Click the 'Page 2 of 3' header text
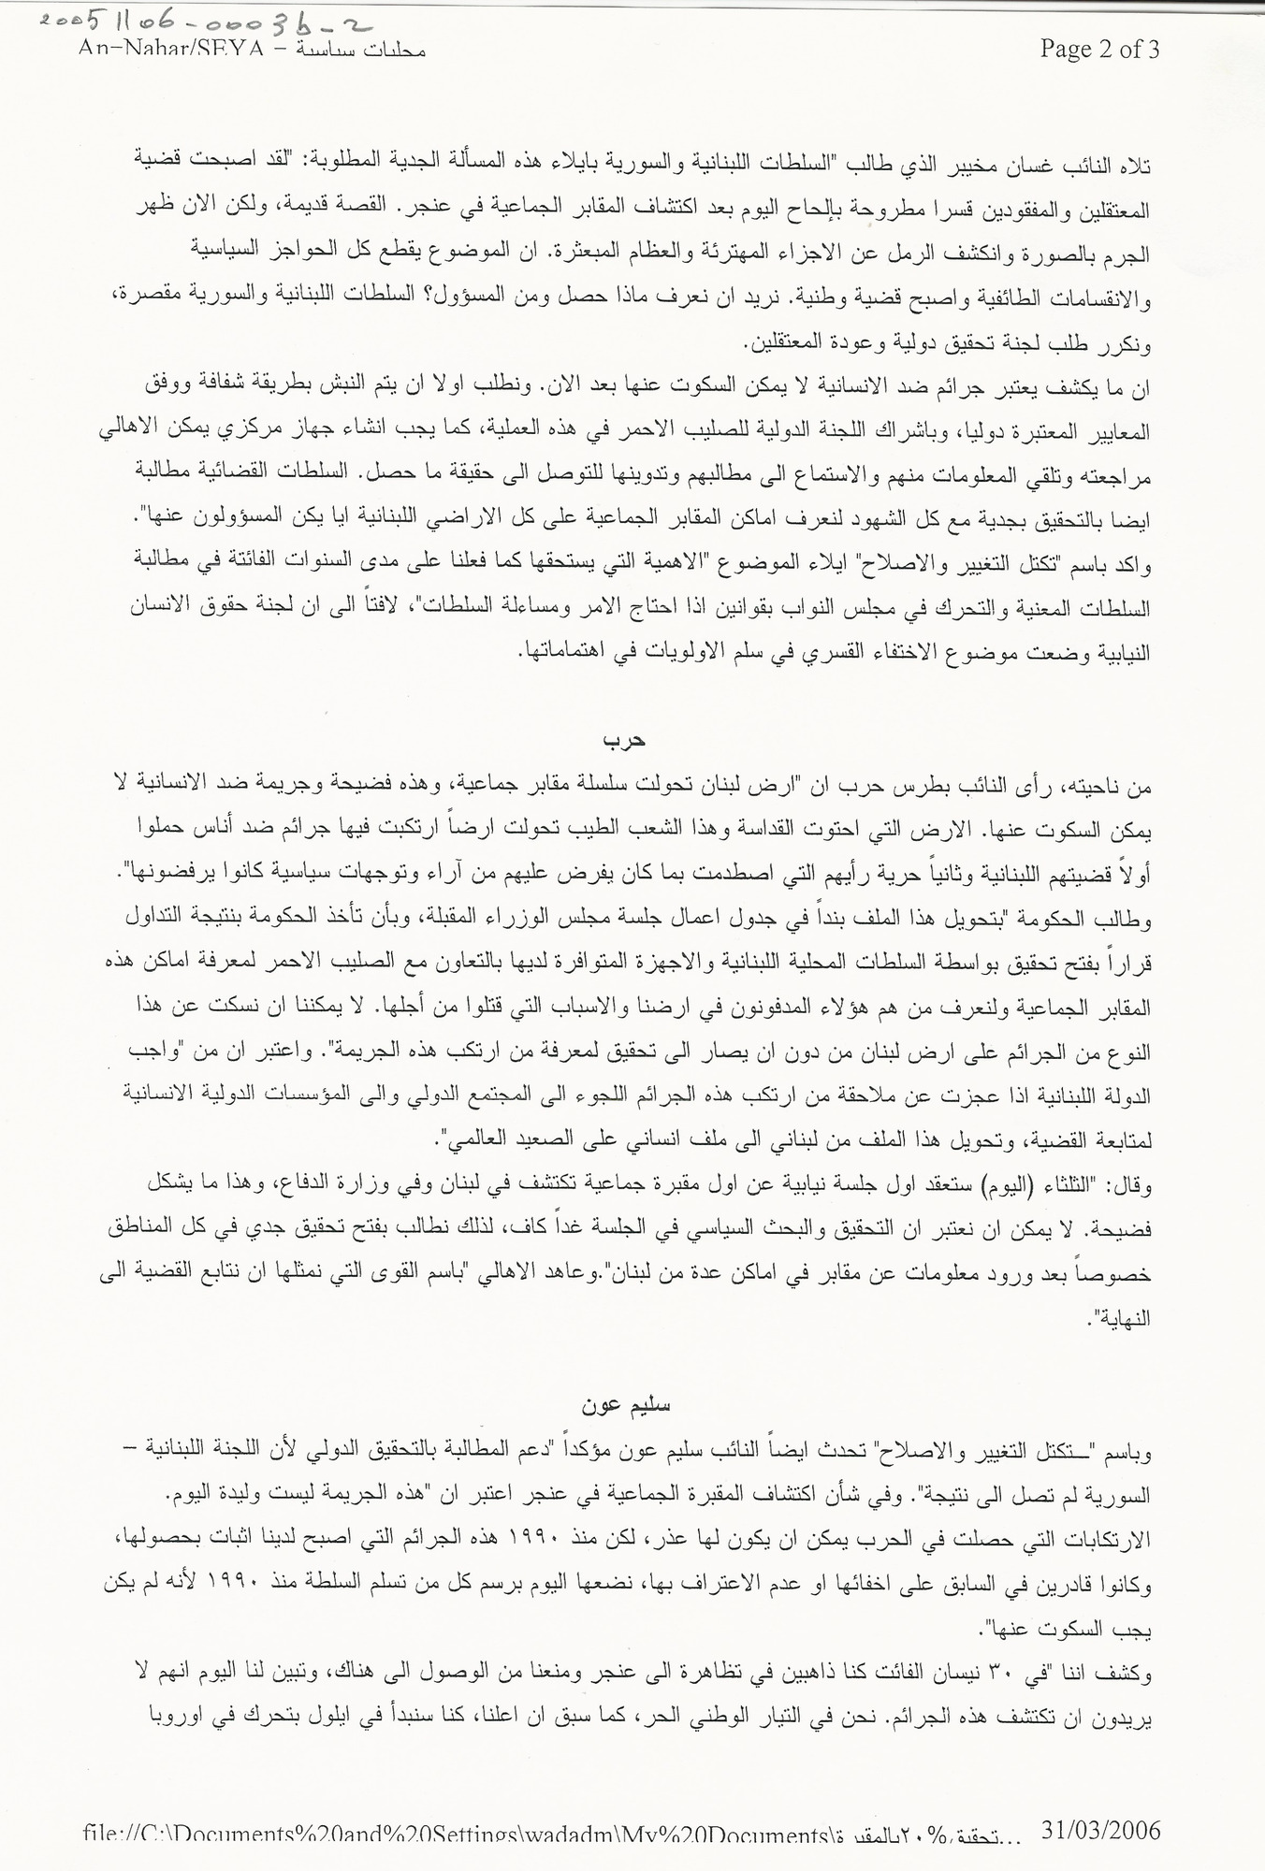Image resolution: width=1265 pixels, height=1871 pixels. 1099,49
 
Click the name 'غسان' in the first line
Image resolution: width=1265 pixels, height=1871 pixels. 1053,166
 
